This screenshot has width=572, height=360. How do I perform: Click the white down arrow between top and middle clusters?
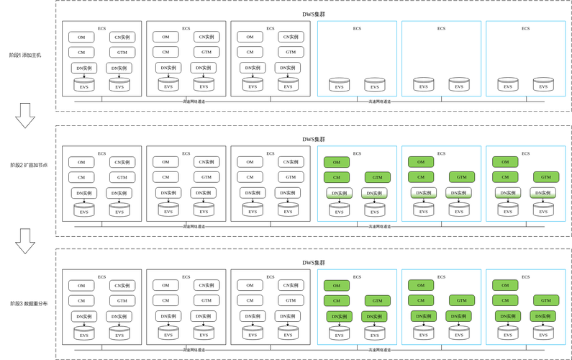(26, 115)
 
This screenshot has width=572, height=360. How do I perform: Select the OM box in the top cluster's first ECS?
(81, 37)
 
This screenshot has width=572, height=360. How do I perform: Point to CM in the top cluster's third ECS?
(250, 52)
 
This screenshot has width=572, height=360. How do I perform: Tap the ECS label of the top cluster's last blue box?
(525, 29)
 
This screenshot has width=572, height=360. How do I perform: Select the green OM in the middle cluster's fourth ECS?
(336, 162)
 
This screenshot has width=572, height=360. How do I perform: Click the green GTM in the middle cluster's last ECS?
(546, 177)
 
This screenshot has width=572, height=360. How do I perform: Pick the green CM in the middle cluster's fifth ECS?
(420, 177)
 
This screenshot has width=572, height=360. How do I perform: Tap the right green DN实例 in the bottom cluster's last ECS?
(543, 316)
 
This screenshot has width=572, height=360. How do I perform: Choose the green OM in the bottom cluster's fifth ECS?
(420, 285)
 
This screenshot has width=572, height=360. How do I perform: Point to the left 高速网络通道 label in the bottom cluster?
(194, 349)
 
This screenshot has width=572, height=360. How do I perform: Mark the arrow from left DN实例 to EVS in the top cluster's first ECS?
(84, 75)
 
